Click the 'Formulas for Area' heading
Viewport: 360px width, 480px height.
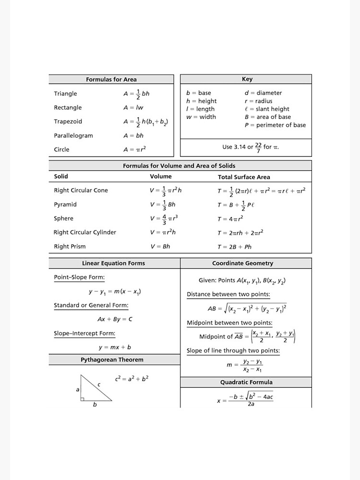click(111, 79)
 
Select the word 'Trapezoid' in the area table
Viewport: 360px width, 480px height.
click(68, 121)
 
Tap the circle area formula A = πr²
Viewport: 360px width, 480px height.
click(134, 149)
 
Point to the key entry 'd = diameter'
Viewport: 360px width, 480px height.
click(263, 93)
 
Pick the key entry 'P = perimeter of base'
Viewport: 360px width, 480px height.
click(275, 125)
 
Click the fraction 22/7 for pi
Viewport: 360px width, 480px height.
click(258, 146)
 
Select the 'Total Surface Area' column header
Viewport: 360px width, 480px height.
click(244, 177)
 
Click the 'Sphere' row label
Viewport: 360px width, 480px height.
click(63, 218)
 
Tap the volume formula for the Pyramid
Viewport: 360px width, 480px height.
click(162, 204)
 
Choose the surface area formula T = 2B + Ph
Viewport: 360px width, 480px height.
click(234, 247)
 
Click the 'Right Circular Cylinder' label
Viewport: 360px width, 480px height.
click(84, 232)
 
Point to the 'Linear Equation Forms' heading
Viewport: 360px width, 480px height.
click(113, 263)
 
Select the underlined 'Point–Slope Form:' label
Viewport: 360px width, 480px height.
click(79, 277)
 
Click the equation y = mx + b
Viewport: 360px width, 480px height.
click(115, 347)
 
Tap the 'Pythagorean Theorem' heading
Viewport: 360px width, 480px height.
click(112, 360)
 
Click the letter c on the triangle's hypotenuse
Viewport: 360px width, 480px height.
click(99, 384)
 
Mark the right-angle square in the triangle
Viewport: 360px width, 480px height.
click(83, 398)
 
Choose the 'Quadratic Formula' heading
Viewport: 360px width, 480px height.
click(246, 382)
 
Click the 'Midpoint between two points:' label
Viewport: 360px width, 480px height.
click(229, 323)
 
